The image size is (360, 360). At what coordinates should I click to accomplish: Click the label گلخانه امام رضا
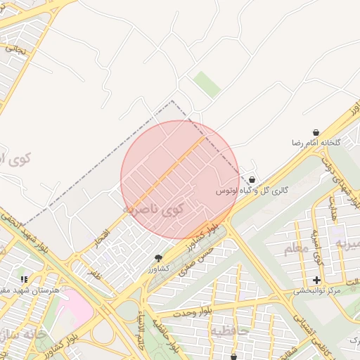(317, 143)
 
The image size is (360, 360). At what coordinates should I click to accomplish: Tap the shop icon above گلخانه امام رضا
(316, 132)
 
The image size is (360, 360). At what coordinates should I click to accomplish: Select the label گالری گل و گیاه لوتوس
(252, 191)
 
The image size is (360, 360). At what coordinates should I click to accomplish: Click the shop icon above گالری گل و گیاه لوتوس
(252, 180)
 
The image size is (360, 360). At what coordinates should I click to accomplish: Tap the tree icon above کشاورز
(158, 258)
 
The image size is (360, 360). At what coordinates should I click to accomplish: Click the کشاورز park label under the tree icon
(158, 269)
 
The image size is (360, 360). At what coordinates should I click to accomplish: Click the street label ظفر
(94, 273)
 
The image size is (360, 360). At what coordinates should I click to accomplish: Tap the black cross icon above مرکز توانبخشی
(316, 280)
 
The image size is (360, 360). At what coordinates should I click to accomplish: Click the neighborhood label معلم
(296, 248)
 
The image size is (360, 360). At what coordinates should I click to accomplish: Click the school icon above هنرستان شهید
(25, 280)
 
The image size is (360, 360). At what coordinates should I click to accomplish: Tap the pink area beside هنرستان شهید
(74, 308)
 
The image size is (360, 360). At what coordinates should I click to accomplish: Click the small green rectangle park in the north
(207, 84)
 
